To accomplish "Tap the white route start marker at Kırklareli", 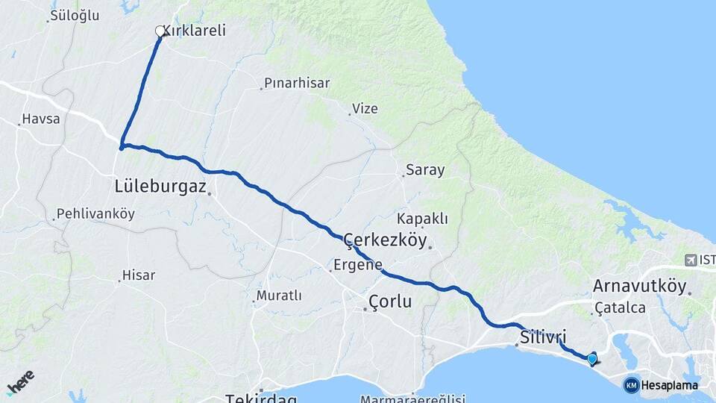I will pos(160,31).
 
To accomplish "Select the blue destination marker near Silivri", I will pos(592,359).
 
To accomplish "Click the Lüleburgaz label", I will pos(160,186).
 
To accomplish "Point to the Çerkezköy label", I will pos(385,240).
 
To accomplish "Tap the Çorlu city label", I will pos(390,301).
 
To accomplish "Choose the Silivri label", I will pos(544,337).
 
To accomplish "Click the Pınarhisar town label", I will pos(298,84).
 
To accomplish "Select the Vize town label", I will pos(365,109).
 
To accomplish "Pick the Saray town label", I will pos(425,170).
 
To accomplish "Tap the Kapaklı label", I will pos(423,219).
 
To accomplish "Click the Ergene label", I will pos(358,265).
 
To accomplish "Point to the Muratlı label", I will pos(279,296).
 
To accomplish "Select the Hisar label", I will pos(139,275).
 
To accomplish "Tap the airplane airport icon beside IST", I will pos(691,260).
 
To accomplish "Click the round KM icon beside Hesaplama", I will pos(632,385).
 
